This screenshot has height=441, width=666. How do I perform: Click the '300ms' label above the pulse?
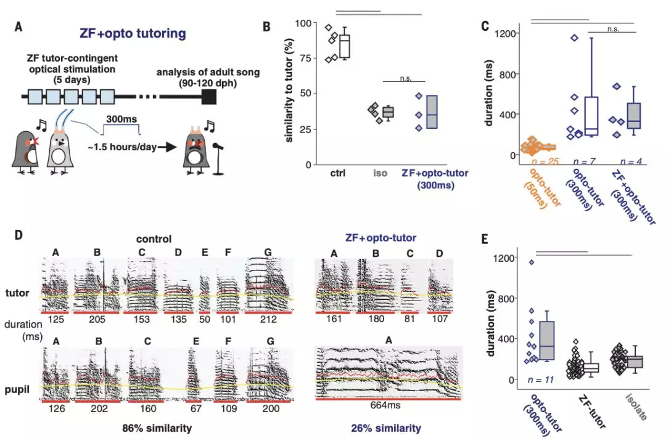[118, 118]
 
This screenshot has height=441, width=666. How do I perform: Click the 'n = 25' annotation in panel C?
[545, 162]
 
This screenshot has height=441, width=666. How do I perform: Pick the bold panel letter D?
[19, 236]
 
